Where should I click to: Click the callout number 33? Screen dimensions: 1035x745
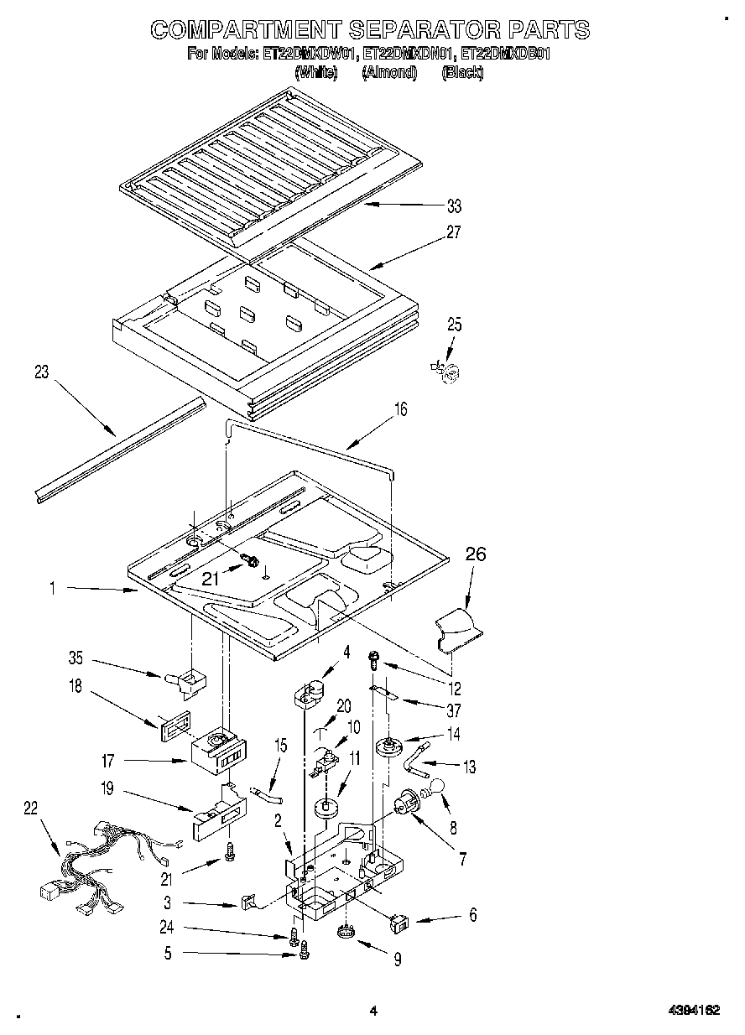tap(454, 206)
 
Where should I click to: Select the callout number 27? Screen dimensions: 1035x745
tap(453, 232)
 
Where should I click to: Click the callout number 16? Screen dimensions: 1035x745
tap(400, 409)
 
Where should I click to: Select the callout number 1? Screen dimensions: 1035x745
tap(52, 590)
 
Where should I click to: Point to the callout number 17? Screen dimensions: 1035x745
tap(107, 762)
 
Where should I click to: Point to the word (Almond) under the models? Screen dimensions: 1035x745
tap(389, 73)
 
